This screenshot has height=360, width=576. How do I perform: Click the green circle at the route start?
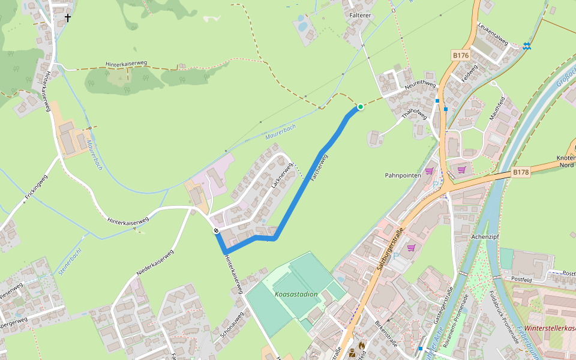(x=361, y=107)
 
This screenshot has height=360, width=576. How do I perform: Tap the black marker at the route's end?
(x=215, y=230)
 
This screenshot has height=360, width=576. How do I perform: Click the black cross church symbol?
(x=68, y=18)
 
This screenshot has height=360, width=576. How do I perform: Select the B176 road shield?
(x=460, y=55)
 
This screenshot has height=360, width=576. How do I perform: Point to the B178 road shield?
(x=521, y=172)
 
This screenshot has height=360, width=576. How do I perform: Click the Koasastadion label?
(x=296, y=295)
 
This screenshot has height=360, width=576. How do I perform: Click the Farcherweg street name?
(x=319, y=168)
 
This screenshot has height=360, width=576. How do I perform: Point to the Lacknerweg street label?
(x=281, y=176)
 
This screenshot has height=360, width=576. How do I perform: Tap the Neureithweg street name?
(x=419, y=85)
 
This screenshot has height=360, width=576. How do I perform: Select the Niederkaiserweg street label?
(x=155, y=263)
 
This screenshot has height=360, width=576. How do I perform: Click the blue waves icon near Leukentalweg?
(x=526, y=46)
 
